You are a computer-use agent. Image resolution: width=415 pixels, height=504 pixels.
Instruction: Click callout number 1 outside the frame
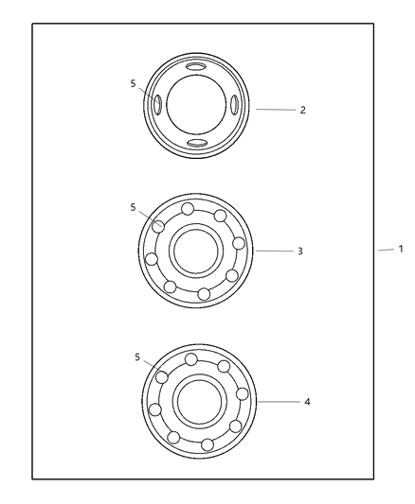click(x=401, y=250)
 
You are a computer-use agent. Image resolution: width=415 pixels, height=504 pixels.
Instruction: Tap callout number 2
click(x=302, y=110)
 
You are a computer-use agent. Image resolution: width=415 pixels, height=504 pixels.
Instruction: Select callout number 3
click(x=299, y=252)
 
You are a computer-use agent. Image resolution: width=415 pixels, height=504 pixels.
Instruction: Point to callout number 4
click(x=306, y=401)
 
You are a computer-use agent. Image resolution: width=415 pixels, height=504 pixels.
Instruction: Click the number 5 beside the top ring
click(x=134, y=83)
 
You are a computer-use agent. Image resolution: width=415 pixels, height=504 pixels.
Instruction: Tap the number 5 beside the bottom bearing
click(x=137, y=357)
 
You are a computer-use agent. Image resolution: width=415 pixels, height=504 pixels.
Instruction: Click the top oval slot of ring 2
click(x=195, y=67)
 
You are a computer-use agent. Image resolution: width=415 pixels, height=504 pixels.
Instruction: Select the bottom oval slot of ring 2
click(x=197, y=143)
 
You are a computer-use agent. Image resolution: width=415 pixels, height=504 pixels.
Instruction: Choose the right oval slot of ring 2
click(x=234, y=105)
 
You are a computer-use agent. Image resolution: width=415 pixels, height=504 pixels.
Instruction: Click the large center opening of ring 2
click(x=196, y=105)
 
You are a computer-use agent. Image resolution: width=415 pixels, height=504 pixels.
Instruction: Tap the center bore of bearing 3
click(x=196, y=252)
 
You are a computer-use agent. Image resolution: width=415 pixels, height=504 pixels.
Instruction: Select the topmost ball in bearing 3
click(x=188, y=209)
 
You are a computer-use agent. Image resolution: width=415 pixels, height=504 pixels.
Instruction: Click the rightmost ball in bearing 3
click(x=239, y=244)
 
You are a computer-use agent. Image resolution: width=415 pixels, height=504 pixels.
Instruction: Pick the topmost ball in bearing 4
click(x=191, y=358)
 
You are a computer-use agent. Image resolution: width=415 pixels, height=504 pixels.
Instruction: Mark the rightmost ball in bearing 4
click(x=242, y=393)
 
